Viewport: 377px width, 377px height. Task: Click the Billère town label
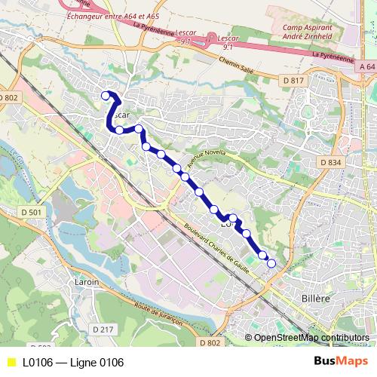pos(316,299)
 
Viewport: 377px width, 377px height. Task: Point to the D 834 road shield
pos(329,162)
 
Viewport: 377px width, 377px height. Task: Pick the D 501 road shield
pos(32,213)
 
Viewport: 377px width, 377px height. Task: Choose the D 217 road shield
pos(103,329)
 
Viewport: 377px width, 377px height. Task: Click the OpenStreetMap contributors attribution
pos(311,337)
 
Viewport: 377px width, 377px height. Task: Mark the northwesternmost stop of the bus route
pos(106,95)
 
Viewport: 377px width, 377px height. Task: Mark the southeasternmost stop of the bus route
pos(271,263)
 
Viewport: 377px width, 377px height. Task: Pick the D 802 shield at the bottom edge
pos(213,344)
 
